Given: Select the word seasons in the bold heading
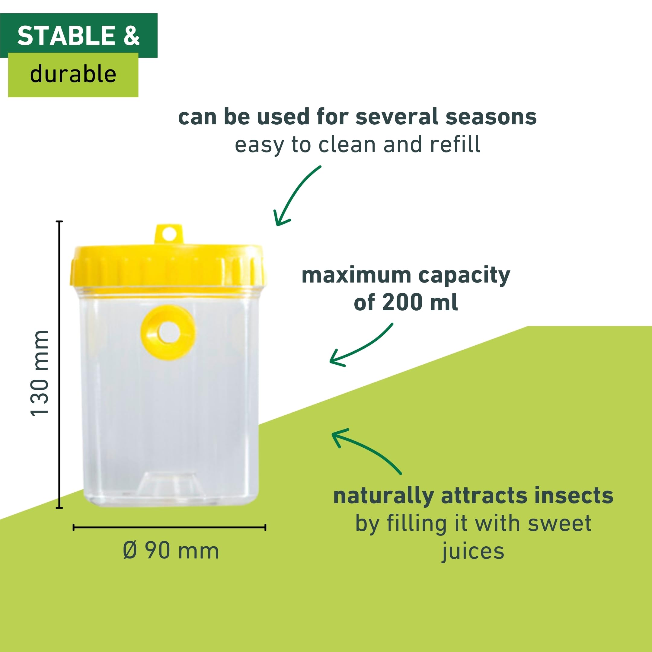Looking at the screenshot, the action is [x=491, y=117].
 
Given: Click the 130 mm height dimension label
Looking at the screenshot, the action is [x=40, y=374].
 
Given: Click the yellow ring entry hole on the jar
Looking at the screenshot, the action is [x=168, y=332].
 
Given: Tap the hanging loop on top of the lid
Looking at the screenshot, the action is [x=169, y=234].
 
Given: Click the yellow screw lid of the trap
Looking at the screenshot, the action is [x=168, y=267].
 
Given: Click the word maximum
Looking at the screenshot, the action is [x=356, y=275].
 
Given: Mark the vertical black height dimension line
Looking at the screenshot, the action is [x=59, y=364].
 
